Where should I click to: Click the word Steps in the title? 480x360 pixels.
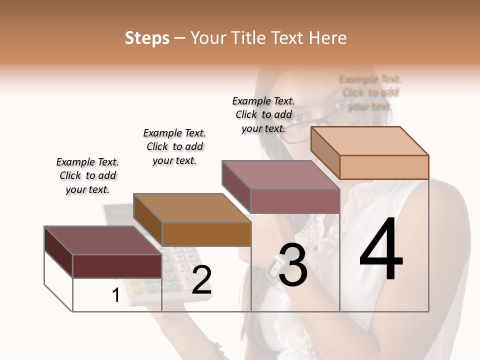147,38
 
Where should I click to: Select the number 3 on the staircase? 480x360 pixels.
292,265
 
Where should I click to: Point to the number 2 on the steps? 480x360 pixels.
201,280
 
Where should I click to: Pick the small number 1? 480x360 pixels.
115,295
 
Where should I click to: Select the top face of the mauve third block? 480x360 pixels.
280,175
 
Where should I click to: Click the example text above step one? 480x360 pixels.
87,175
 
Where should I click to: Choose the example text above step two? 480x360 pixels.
174,146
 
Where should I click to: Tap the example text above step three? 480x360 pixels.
263,114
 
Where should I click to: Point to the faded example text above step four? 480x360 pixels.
370,92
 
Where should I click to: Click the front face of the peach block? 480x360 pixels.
384,167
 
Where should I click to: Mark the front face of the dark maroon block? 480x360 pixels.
117,266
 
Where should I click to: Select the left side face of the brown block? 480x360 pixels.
148,220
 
